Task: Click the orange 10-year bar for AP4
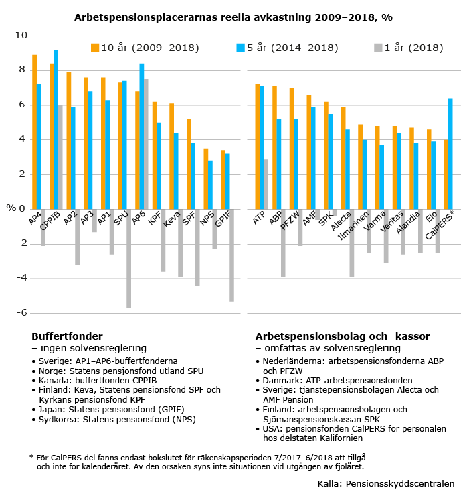34,132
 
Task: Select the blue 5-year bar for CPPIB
56,129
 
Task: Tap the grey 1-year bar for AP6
146,144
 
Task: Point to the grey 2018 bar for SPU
128,259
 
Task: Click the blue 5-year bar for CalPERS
450,153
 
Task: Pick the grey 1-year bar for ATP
266,184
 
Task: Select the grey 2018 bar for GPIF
231,255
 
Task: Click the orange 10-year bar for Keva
171,156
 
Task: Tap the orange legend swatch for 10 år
95,48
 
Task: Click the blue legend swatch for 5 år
241,48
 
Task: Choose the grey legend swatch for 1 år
378,48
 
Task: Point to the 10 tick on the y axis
21,36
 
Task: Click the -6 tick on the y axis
22,313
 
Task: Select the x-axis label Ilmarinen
353,225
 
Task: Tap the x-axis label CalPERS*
440,225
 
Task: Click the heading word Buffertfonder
67,336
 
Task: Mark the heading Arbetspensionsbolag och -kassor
343,336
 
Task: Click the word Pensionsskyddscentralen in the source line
400,484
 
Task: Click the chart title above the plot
233,17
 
